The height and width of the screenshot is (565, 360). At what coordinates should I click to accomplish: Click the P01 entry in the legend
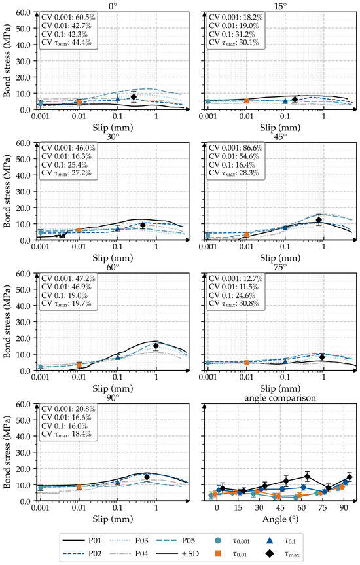click(82, 541)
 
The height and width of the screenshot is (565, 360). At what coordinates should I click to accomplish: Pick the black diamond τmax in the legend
click(272, 553)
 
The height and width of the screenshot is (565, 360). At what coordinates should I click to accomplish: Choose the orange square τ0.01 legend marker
click(217, 553)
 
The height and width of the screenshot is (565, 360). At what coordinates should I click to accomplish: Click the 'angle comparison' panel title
click(280, 398)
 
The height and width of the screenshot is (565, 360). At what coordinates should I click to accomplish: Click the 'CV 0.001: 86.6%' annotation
click(236, 148)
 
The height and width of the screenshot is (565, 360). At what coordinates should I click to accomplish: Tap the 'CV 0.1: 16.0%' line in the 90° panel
click(65, 426)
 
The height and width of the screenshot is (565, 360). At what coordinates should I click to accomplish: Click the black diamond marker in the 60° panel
click(156, 346)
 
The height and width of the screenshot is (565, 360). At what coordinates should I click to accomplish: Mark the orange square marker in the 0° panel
click(79, 102)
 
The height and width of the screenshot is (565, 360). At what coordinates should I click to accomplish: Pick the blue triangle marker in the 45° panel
click(285, 228)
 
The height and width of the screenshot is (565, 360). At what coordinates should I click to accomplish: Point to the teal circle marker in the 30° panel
click(41, 232)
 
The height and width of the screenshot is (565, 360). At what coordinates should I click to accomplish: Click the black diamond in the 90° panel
click(147, 477)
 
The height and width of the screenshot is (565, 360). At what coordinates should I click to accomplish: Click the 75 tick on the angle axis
click(323, 507)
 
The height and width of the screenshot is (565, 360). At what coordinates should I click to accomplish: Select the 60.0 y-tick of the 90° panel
click(24, 404)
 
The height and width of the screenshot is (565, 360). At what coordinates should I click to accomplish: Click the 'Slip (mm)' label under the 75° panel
click(280, 388)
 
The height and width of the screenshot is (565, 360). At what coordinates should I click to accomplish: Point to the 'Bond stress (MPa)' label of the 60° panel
click(7, 321)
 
